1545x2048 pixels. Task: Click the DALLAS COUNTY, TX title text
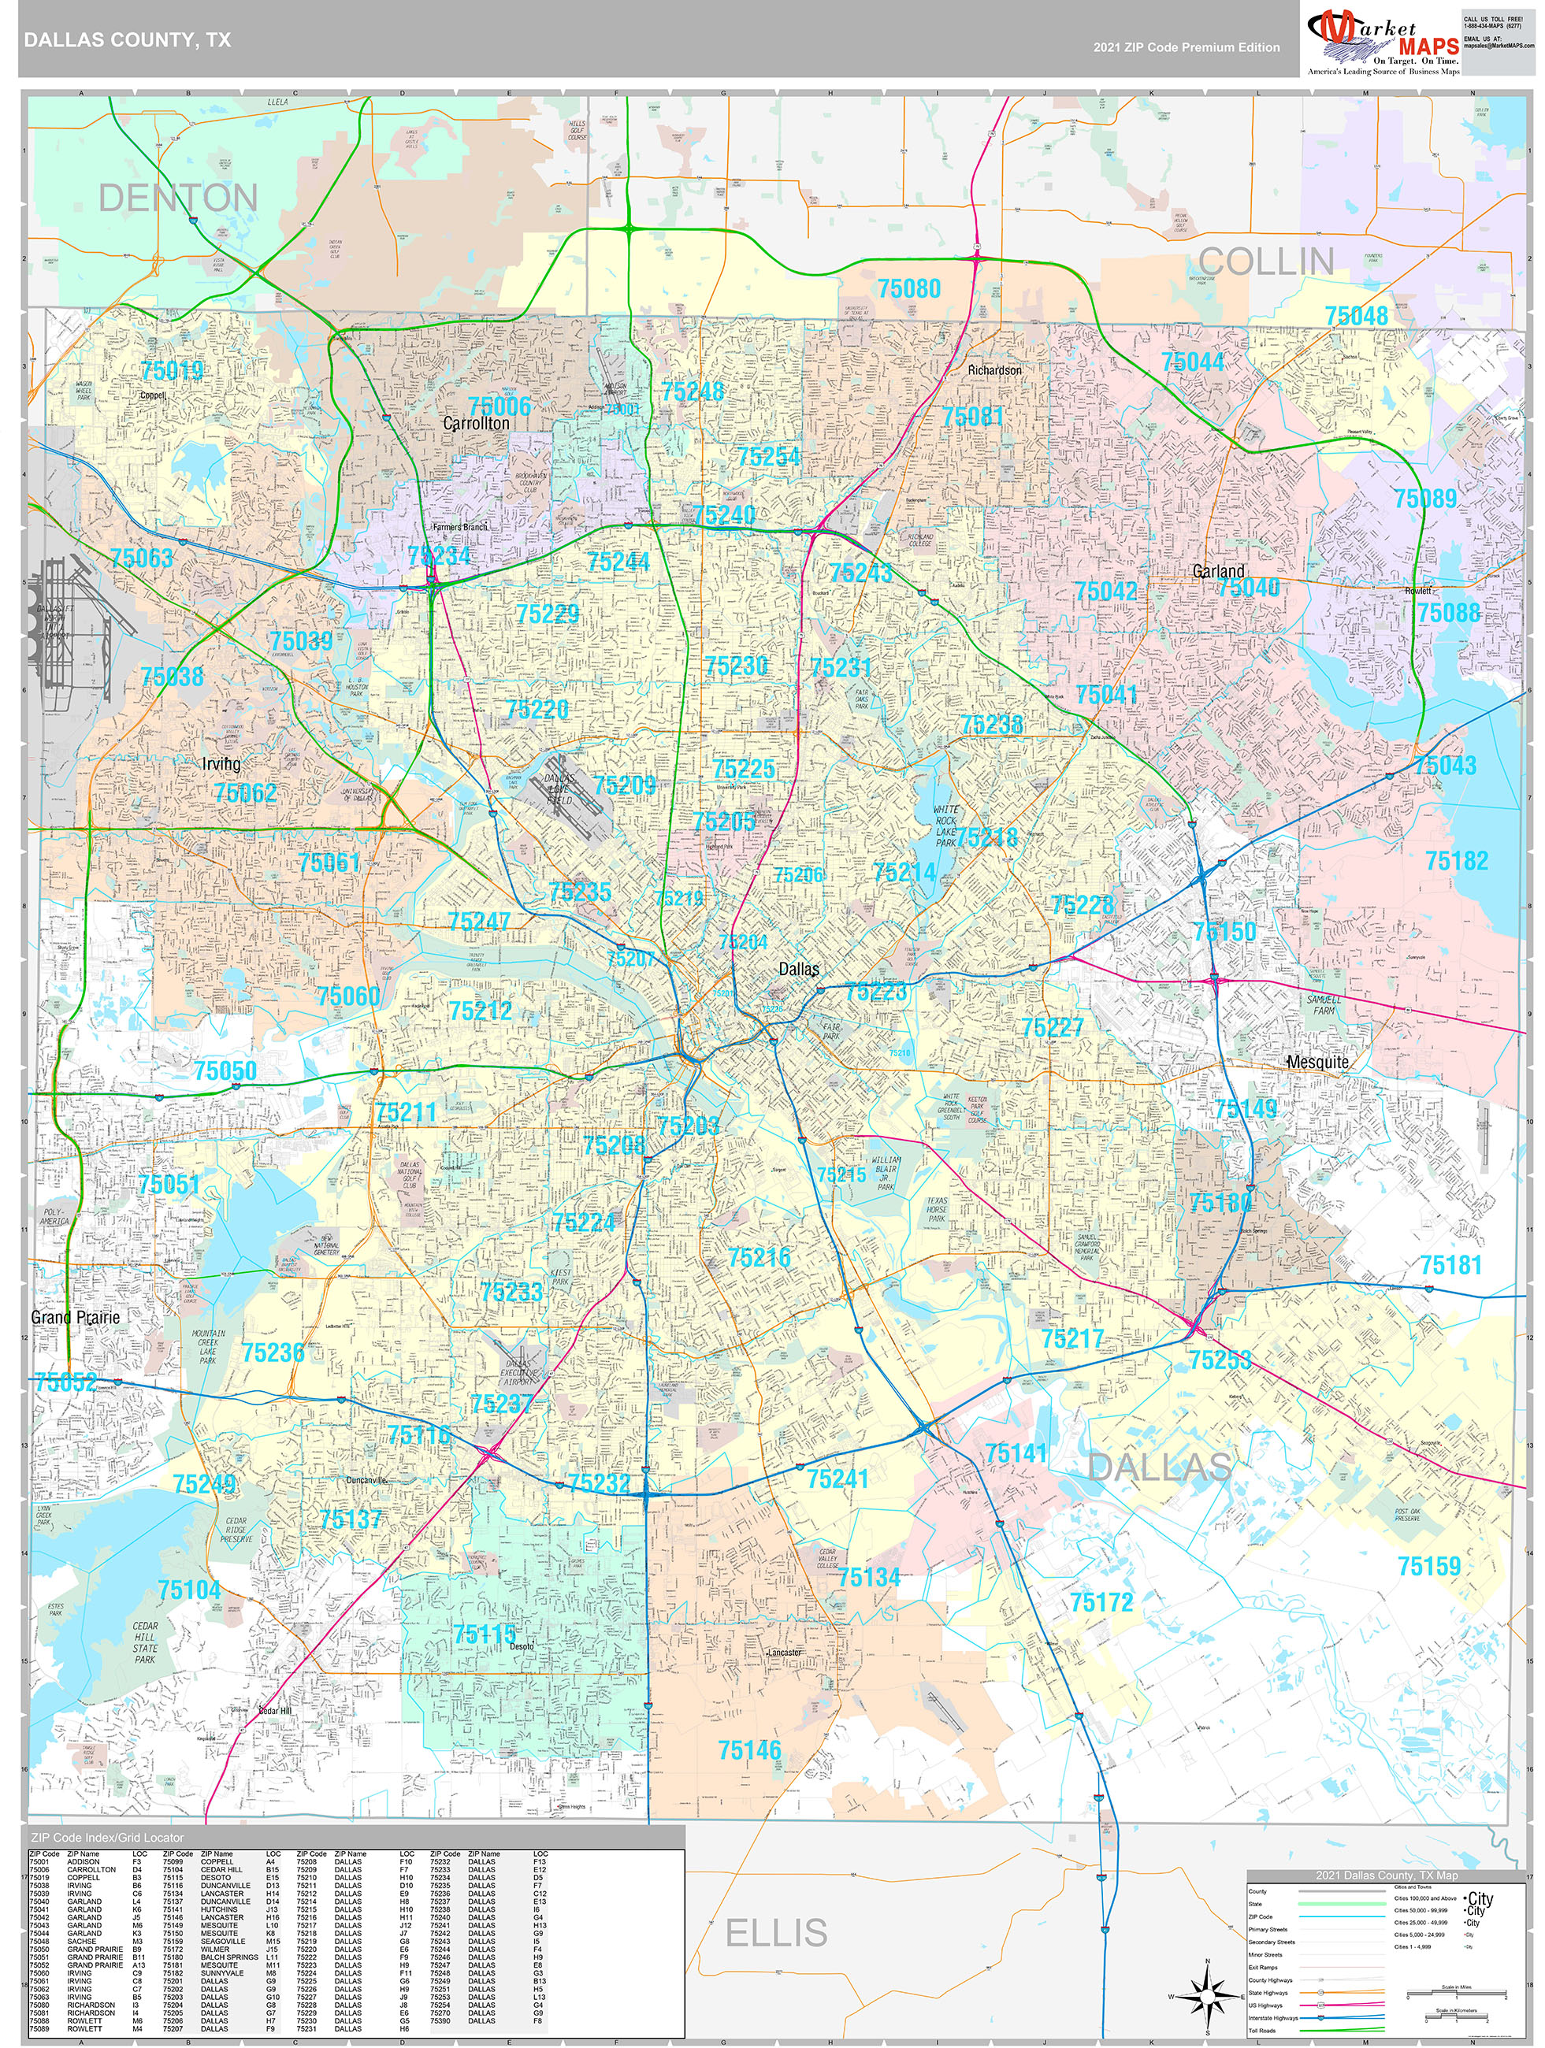128,41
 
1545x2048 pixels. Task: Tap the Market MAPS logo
1382,43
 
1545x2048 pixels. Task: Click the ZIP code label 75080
908,289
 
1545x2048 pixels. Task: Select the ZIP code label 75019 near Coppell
173,371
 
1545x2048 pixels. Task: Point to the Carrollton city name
475,423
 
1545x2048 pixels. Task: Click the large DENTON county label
178,198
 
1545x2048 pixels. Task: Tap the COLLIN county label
1266,262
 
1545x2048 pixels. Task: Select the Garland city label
1217,571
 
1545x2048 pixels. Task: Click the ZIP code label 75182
1456,861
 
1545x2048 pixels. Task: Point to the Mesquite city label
1317,1062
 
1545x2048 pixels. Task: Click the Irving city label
221,764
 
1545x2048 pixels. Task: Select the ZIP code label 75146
749,1750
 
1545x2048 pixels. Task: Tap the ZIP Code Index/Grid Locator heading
107,1838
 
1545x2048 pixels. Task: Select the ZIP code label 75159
1428,1567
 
